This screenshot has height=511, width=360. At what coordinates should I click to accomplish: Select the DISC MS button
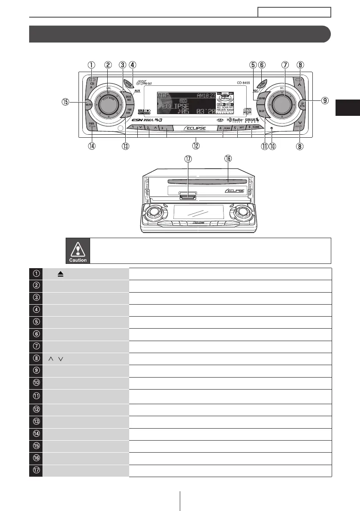click(129, 98)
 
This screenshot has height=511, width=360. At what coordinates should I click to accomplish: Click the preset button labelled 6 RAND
click(254, 127)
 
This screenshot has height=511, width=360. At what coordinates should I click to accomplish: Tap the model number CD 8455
click(245, 83)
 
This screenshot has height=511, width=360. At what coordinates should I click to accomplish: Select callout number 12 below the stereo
click(196, 146)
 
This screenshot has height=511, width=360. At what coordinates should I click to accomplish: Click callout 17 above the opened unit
click(188, 159)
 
